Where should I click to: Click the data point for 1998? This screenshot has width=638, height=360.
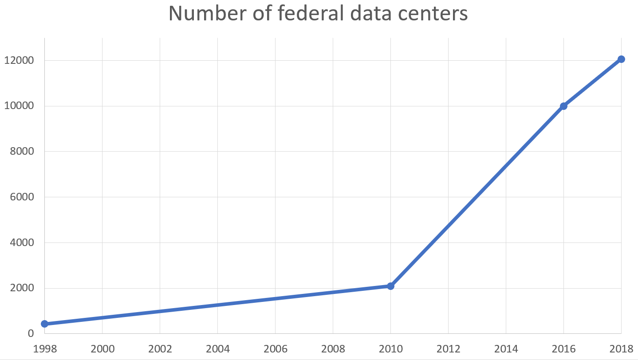44,324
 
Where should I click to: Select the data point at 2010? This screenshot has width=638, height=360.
390,286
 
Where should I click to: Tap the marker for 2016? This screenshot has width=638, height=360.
563,106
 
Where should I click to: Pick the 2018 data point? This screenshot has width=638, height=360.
621,59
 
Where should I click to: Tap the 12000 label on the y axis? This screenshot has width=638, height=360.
19,60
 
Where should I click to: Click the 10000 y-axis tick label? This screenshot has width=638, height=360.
19,106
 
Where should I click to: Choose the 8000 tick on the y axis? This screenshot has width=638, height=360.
22,151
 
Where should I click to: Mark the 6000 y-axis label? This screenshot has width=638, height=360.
22,197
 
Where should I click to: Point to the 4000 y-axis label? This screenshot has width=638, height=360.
22,243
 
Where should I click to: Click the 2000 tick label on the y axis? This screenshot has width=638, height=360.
22,288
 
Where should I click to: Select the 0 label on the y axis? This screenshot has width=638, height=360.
31,333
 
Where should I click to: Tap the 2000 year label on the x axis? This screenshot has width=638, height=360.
102,349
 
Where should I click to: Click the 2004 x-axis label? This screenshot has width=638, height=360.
218,349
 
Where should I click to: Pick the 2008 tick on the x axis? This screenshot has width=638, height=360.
333,349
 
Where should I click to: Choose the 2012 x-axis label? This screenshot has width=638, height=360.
448,349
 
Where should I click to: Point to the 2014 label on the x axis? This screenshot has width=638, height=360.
506,349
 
